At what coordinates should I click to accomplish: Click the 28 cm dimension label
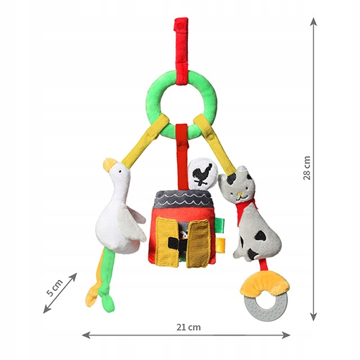click(x=307, y=168)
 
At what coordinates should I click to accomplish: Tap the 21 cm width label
click(x=189, y=328)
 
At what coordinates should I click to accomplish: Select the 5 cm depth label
click(x=55, y=288)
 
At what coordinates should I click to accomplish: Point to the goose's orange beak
click(x=109, y=163)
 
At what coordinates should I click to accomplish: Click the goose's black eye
click(x=120, y=171)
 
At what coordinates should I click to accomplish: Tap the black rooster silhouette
click(x=203, y=174)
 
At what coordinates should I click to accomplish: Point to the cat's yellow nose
click(x=239, y=194)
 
